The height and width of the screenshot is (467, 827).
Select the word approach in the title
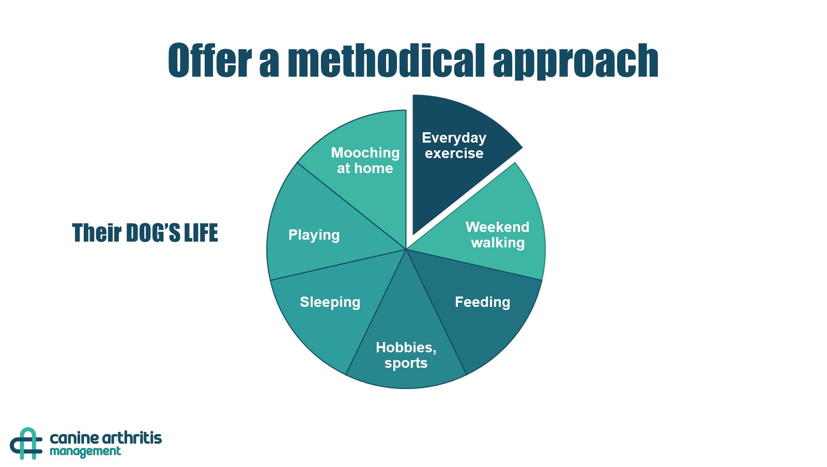pyautogui.click(x=576, y=61)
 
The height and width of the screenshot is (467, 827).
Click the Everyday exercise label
pyautogui.click(x=454, y=145)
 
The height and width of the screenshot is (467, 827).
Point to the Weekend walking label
pyautogui.click(x=497, y=235)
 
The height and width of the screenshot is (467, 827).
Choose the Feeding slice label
pyautogui.click(x=483, y=303)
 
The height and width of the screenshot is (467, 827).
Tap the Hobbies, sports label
pyautogui.click(x=406, y=355)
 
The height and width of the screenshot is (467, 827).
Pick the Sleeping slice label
pyautogui.click(x=330, y=303)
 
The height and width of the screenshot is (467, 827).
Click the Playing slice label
pyautogui.click(x=314, y=236)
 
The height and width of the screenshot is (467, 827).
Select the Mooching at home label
pyautogui.click(x=365, y=161)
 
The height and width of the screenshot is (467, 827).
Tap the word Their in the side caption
pyautogui.click(x=97, y=233)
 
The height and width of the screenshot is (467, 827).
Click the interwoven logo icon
pyautogui.click(x=26, y=443)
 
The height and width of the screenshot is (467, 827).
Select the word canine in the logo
pyautogui.click(x=73, y=439)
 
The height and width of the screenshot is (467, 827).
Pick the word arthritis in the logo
pyautogui.click(x=131, y=438)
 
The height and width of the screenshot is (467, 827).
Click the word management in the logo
pyautogui.click(x=85, y=452)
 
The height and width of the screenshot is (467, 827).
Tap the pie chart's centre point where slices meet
pyautogui.click(x=406, y=250)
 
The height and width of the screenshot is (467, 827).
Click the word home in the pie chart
pyautogui.click(x=374, y=168)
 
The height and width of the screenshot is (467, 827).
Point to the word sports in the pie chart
pyautogui.click(x=406, y=363)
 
